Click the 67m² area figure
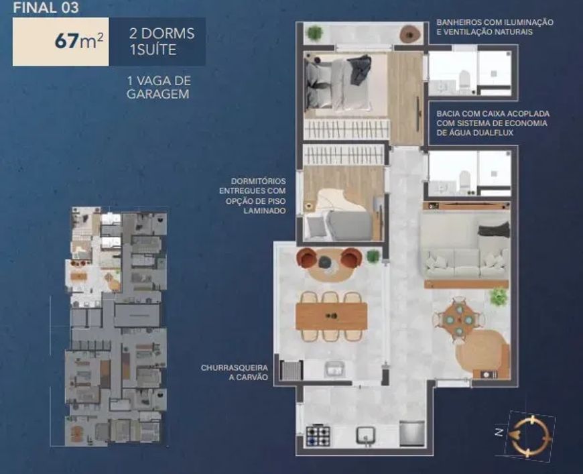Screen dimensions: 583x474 (79, 41)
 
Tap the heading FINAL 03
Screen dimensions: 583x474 (46, 7)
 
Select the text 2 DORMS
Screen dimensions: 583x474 (161, 34)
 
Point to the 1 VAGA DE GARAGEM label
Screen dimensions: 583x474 (159, 87)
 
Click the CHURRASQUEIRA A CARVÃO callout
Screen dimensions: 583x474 (235, 373)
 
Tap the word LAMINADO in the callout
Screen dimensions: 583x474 (265, 211)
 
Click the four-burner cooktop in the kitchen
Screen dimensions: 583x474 (318, 436)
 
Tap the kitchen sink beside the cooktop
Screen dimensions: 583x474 (366, 435)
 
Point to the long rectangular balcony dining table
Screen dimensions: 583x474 (332, 316)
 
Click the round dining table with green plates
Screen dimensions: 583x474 (460, 320)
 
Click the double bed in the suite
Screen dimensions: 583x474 (338, 84)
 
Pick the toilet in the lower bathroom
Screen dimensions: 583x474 (465, 182)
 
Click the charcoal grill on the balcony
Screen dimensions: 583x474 (291, 371)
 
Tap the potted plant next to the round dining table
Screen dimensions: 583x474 (498, 296)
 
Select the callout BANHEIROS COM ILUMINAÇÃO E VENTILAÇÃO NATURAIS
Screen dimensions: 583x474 (495, 27)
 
